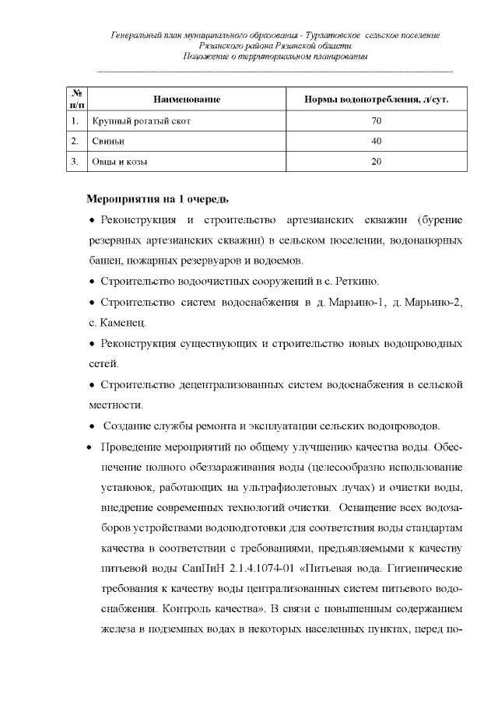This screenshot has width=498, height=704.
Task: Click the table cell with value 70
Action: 376,121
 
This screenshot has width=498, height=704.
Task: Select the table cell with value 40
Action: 376,142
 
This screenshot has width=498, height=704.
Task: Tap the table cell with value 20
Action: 376,162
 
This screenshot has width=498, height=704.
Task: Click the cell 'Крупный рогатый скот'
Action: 140,121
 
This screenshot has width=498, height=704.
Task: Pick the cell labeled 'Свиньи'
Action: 108,142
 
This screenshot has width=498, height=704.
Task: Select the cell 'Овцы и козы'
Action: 120,162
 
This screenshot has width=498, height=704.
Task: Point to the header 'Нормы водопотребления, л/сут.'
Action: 376,100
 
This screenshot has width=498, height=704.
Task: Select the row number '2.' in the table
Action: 74,142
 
